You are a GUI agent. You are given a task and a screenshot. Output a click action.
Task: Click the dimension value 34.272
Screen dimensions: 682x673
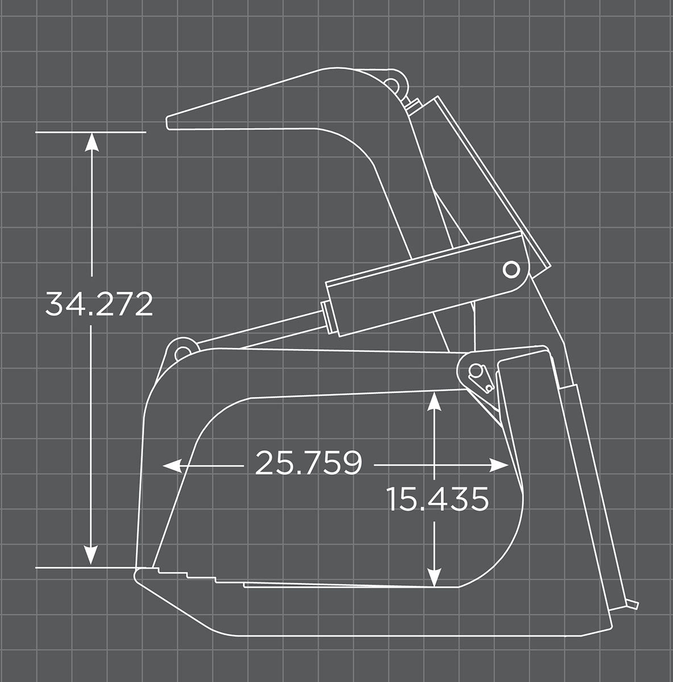coord(99,305)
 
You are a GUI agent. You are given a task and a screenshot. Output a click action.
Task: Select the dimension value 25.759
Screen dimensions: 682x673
coord(308,463)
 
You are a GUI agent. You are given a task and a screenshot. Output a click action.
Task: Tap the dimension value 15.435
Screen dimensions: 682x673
coord(438,500)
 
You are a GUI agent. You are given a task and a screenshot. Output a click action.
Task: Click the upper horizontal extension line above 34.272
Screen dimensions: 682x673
coord(91,132)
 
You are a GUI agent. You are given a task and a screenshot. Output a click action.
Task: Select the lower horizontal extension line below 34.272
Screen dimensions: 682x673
coord(85,567)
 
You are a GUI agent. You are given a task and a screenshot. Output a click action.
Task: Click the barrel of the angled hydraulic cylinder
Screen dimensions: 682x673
coord(421,273)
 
